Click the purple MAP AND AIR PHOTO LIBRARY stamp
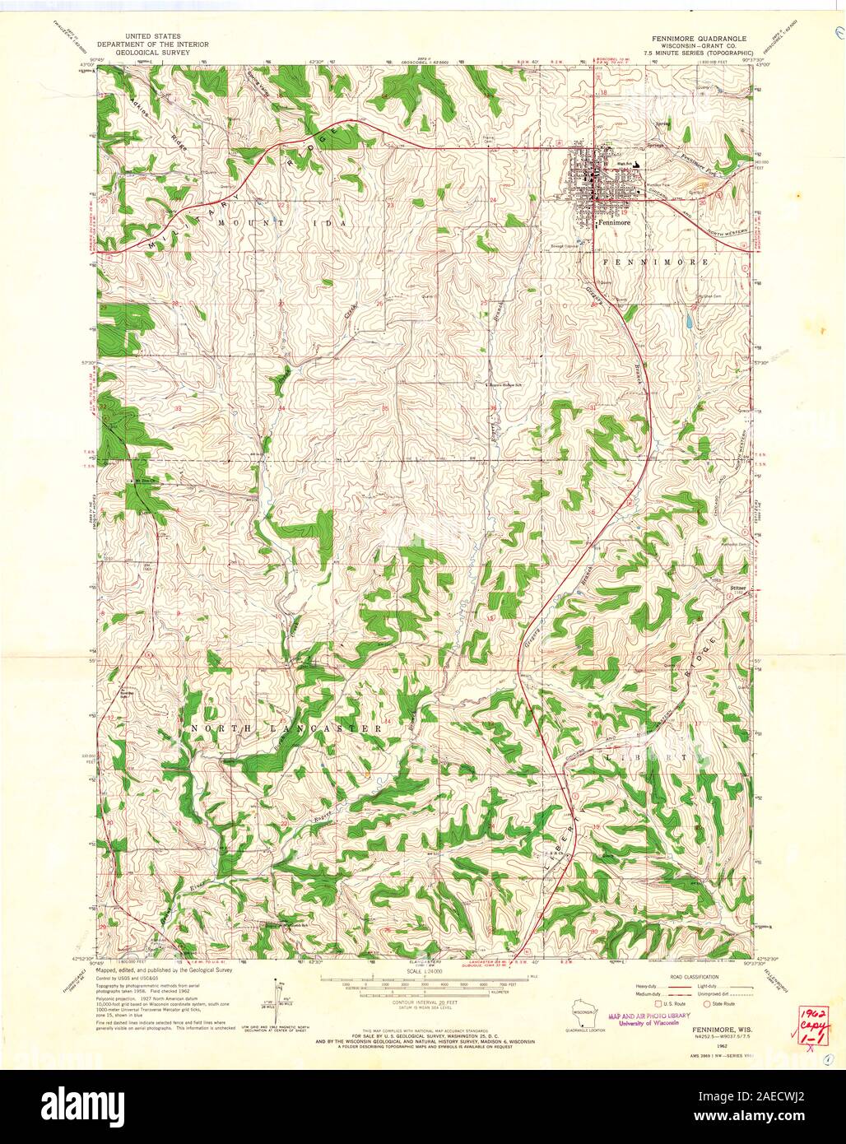pos(644,1019)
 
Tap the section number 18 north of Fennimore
pos(603,93)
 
